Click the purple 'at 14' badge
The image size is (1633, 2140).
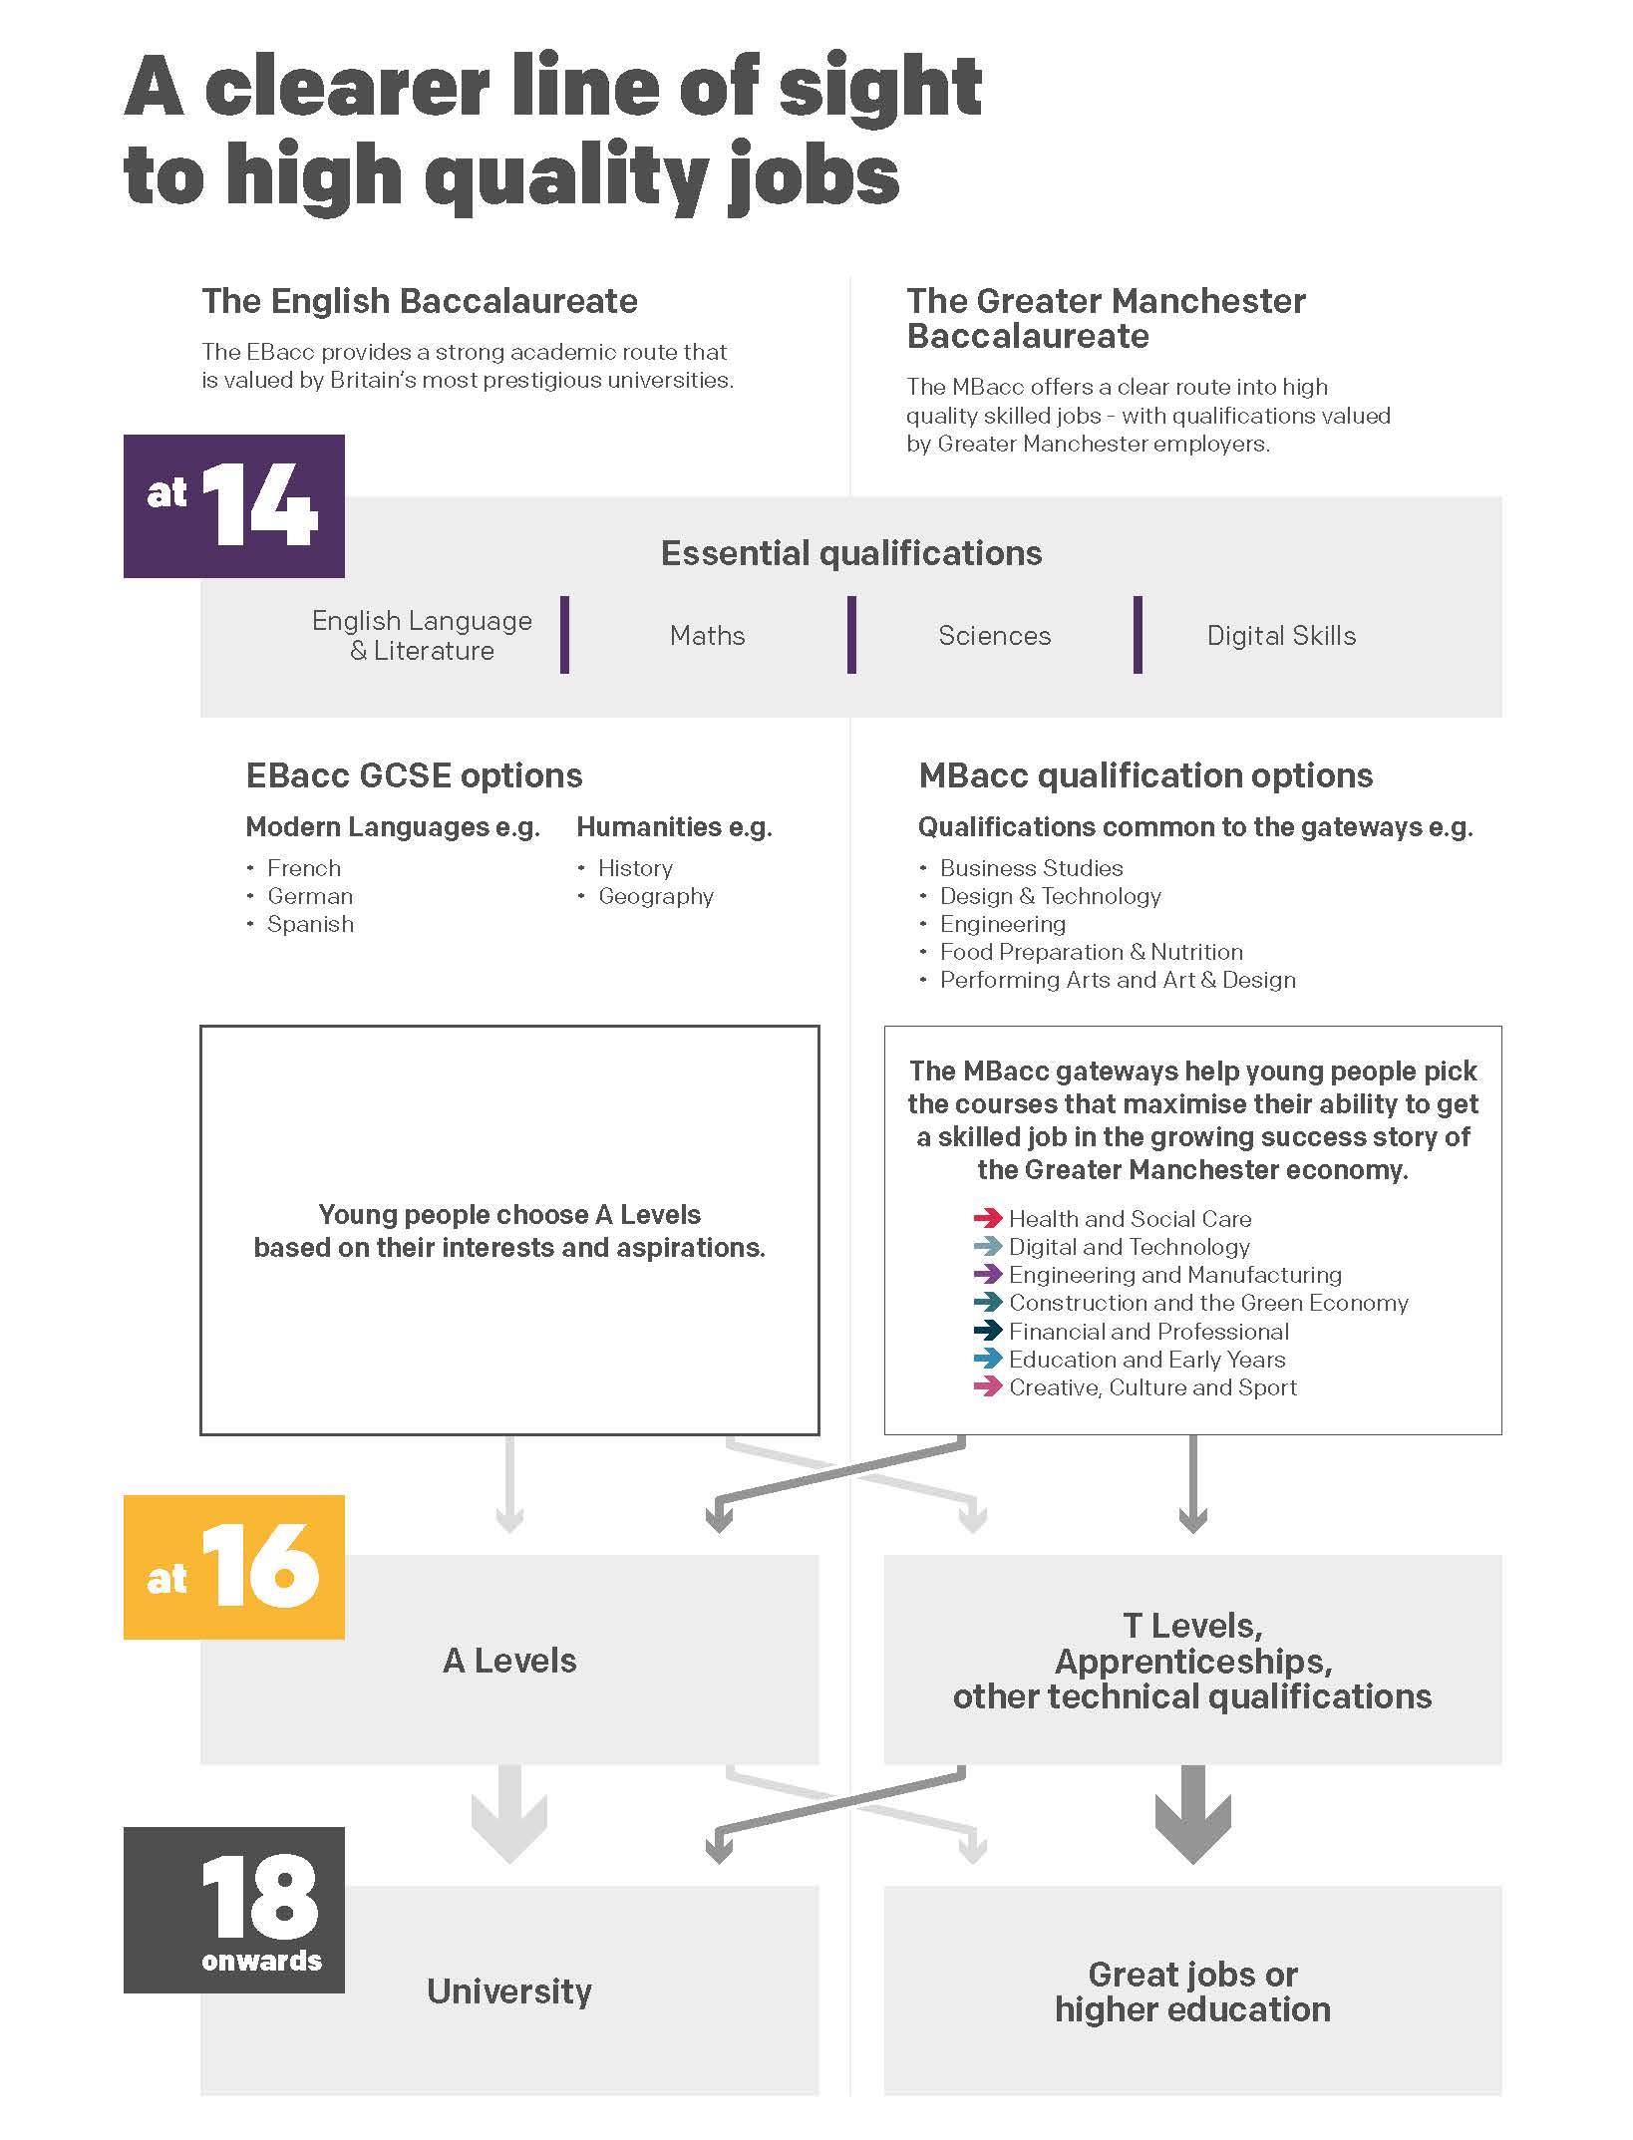[233, 505]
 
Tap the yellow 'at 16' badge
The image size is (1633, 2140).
[233, 1567]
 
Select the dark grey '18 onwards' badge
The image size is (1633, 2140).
[233, 1910]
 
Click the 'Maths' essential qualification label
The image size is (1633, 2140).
[708, 636]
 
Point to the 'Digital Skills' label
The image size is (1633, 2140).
[1282, 636]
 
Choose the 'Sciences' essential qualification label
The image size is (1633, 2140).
[995, 636]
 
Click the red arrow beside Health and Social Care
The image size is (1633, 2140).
[987, 1218]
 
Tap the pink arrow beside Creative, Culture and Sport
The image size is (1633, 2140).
[987, 1386]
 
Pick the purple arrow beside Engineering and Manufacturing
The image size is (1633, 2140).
[987, 1274]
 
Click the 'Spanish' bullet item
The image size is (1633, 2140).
[310, 925]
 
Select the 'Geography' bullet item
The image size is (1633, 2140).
[656, 897]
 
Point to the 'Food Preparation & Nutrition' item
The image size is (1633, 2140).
[1092, 952]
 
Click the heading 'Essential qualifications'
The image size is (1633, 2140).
[851, 553]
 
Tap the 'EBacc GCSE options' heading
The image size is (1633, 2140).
[415, 775]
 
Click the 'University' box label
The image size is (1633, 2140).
[509, 1991]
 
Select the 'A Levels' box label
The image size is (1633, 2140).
[509, 1661]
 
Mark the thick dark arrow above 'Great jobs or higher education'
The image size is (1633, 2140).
[1193, 1814]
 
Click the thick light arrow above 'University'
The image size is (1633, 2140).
[509, 1814]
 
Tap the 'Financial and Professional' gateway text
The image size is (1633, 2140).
[1148, 1332]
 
